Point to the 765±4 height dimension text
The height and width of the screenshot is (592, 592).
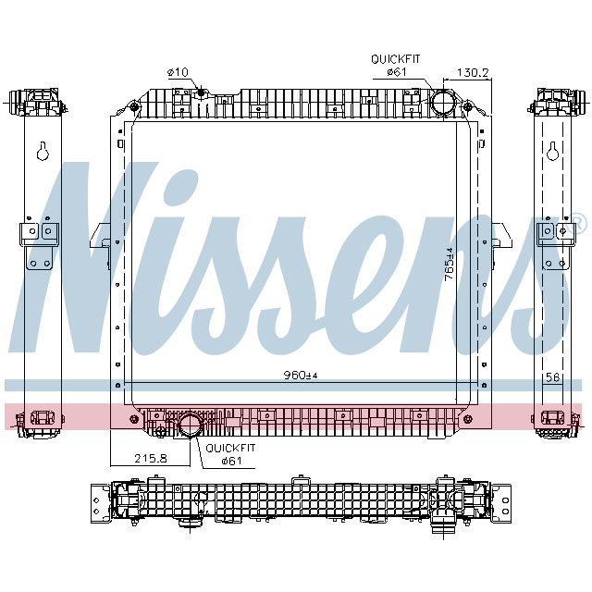(449, 265)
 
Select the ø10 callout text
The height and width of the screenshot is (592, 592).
(178, 72)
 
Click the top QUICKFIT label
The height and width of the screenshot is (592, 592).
(396, 58)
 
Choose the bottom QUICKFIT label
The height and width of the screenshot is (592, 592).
(230, 448)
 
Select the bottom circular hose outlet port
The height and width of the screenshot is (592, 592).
(191, 426)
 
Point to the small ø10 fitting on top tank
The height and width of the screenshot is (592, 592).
(202, 91)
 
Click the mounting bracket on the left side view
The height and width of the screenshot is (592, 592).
(42, 243)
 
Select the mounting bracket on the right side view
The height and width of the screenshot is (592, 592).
(552, 243)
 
